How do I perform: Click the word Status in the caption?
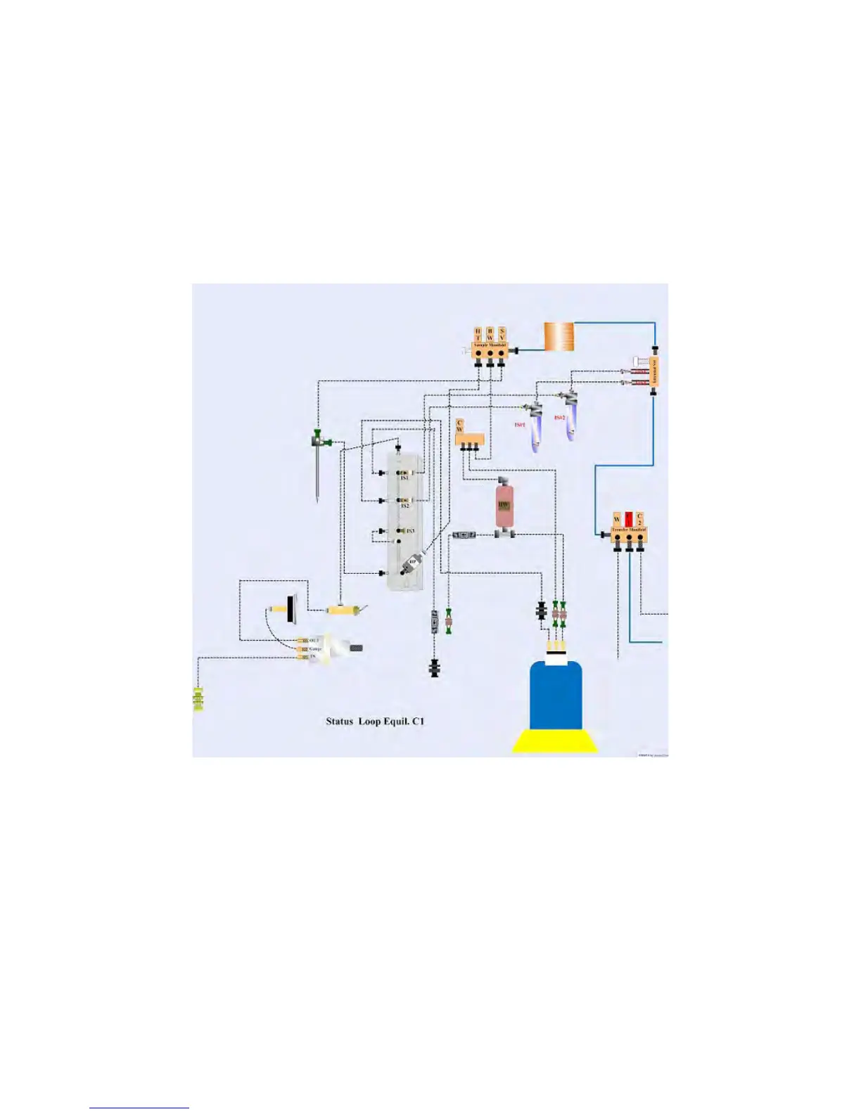coord(339,721)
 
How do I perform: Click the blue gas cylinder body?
coord(555,696)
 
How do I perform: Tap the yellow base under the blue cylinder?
coord(555,742)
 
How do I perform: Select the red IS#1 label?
coord(520,425)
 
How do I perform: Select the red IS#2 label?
coord(560,418)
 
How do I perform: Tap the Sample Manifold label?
coord(490,345)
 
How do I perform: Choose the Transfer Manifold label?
coord(628,530)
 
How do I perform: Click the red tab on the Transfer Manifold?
coord(628,518)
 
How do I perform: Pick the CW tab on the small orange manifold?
coord(459,426)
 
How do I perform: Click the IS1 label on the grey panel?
coord(404,478)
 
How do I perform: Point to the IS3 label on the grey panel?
coord(410,531)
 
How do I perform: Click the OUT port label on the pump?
coord(314,640)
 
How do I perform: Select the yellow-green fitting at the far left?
coord(198,699)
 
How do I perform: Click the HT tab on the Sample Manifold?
coord(478,333)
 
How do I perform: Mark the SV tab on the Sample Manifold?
coord(502,333)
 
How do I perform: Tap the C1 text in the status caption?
coord(419,721)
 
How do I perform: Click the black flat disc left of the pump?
coord(290,608)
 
